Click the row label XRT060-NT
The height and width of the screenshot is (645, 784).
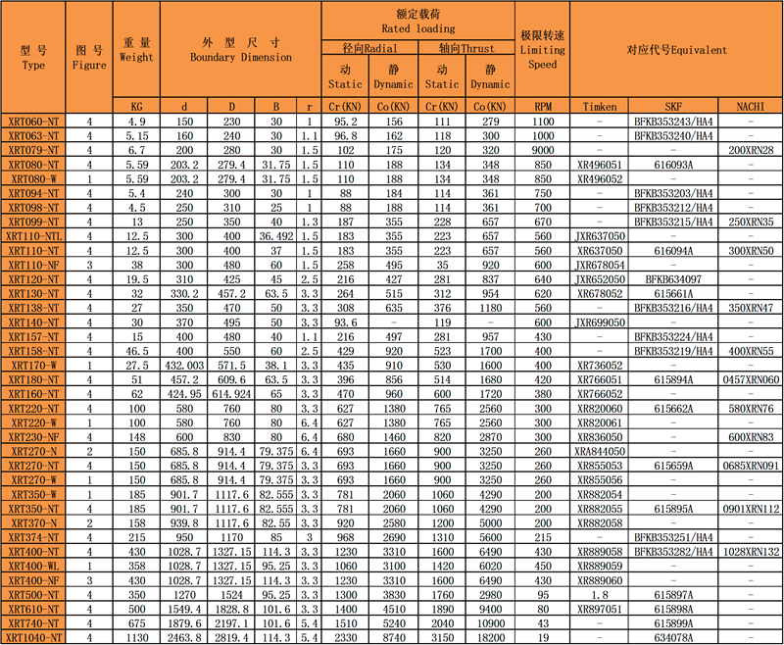[33, 122]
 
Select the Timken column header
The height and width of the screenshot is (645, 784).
[599, 107]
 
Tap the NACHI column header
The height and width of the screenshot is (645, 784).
[751, 107]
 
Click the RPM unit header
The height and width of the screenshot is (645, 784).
[543, 107]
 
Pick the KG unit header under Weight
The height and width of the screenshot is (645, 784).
[137, 107]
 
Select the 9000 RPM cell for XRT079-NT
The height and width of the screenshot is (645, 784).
[543, 150]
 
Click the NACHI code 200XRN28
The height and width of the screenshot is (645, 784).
[751, 150]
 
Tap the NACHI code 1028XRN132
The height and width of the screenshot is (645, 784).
[751, 552]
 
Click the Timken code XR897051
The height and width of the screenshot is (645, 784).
[599, 609]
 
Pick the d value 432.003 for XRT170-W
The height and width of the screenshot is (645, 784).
[184, 365]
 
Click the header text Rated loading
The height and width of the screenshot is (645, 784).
[418, 28]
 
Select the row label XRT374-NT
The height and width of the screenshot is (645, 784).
[33, 537]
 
